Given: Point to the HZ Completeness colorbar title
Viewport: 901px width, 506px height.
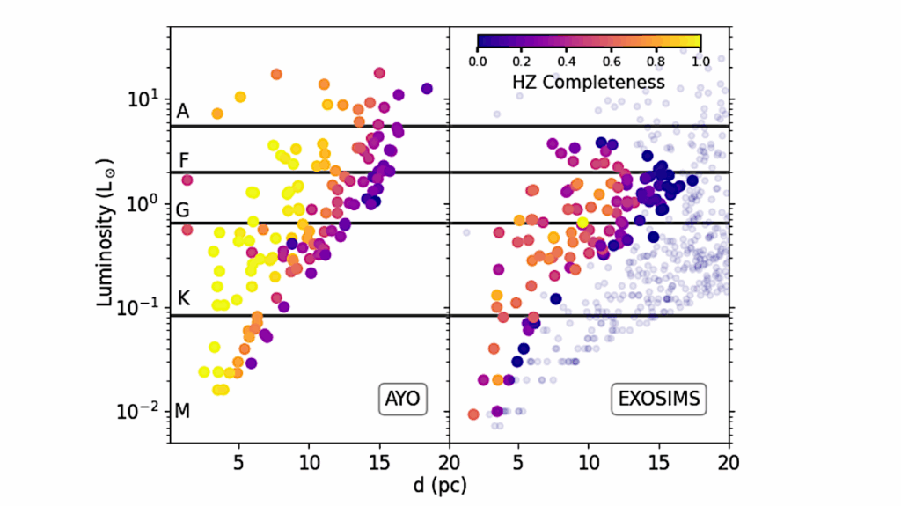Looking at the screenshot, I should pos(589,82).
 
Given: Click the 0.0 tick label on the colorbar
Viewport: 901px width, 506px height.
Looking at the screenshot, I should pos(478,62).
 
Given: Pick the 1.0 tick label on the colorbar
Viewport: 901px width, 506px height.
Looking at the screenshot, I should pos(700,62).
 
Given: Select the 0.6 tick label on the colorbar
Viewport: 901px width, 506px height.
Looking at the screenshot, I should pos(612,62).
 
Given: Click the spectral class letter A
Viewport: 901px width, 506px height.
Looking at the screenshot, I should pos(182,112).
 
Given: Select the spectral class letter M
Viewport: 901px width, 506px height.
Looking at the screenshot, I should pos(183,410).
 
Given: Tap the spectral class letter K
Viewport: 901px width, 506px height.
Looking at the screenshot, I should pos(183,299).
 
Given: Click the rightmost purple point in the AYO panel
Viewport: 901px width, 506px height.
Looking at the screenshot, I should pos(427,88).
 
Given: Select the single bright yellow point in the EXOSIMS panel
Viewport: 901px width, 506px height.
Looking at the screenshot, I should pos(582,222).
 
